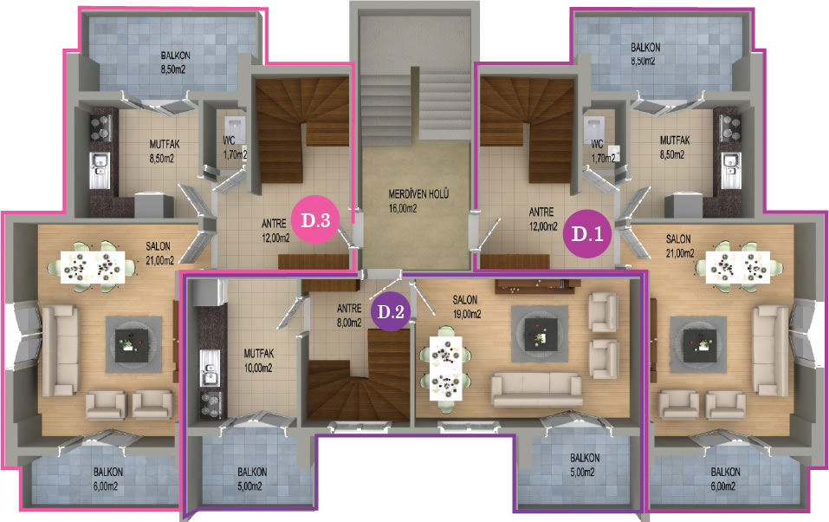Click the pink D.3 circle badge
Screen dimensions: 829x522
(315, 219)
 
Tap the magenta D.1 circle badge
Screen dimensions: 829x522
(586, 233)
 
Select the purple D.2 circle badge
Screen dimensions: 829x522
(390, 311)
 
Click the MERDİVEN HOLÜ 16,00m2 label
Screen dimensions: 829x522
(418, 201)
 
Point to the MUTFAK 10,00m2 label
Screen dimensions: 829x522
(258, 360)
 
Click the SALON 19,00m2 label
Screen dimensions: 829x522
(466, 307)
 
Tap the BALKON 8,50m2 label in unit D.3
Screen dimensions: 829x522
(175, 62)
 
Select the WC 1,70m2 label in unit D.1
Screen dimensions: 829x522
(603, 151)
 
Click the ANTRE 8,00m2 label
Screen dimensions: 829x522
(349, 315)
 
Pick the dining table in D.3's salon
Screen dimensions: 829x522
(93, 267)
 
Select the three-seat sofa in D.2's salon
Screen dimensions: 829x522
(536, 389)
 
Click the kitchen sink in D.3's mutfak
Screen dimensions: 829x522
(100, 170)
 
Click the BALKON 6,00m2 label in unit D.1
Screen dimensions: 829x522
(725, 479)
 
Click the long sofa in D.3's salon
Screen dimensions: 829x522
(60, 350)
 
